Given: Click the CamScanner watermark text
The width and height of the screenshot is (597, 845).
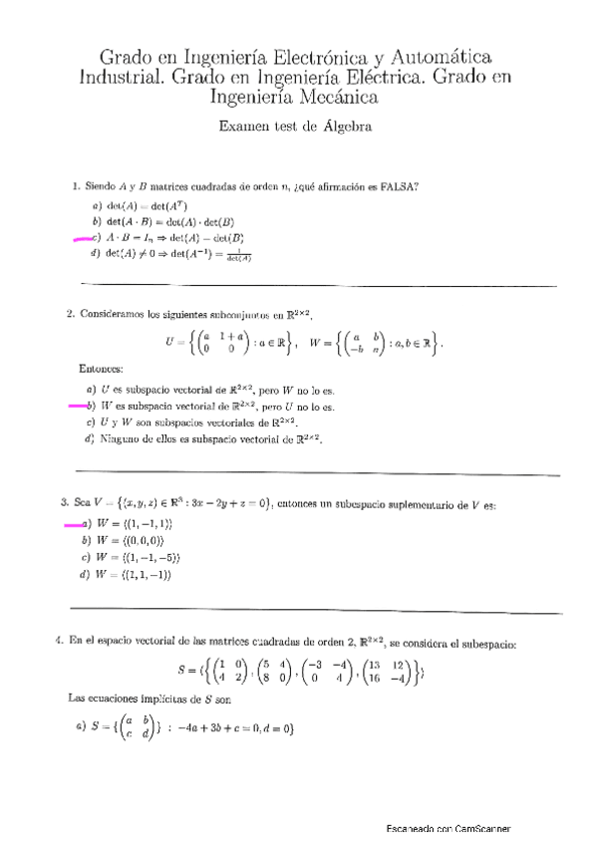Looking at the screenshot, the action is [x=449, y=828].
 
